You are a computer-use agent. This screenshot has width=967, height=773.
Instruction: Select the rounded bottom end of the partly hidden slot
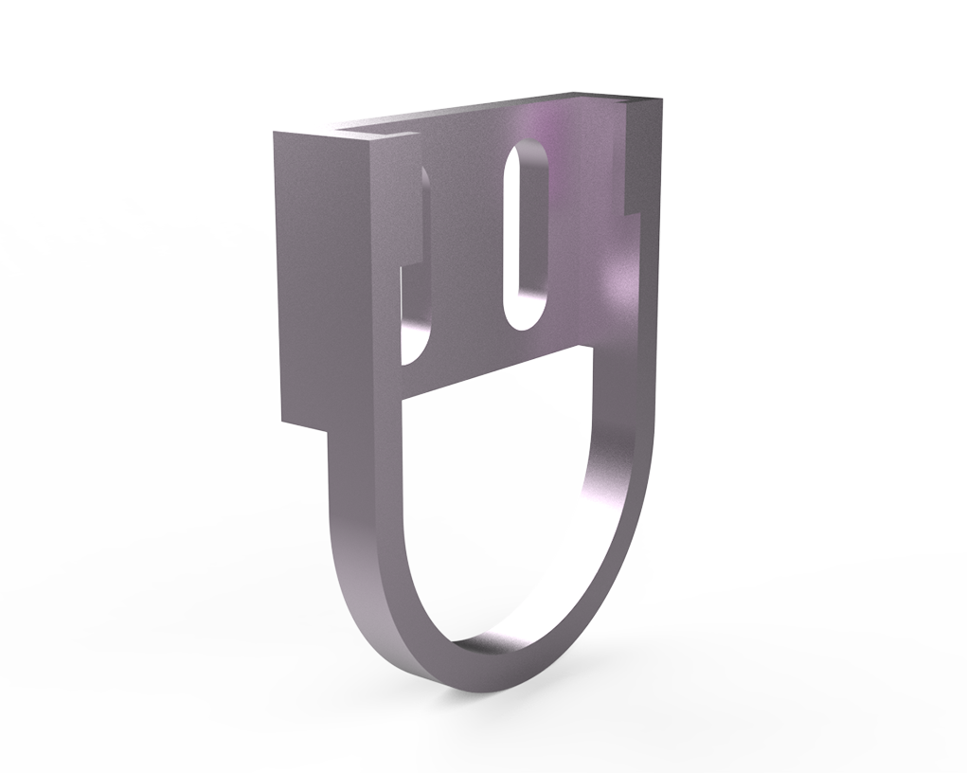point(415,352)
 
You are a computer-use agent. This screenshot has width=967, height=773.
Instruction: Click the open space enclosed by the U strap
point(492,502)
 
